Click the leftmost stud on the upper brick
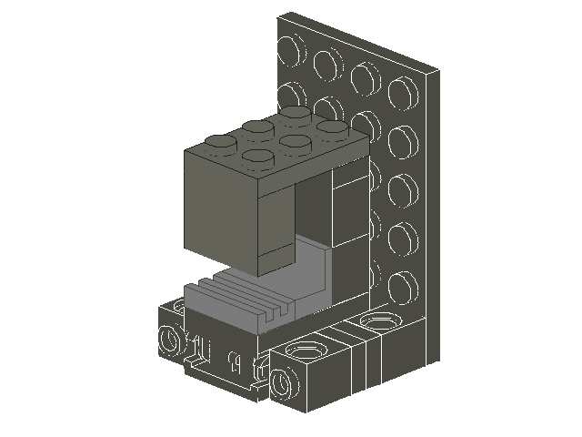tap(218, 142)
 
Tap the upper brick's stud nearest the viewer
tap(258, 157)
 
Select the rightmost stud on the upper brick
tap(333, 127)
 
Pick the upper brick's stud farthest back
tap(294, 112)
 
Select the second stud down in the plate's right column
tap(401, 139)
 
